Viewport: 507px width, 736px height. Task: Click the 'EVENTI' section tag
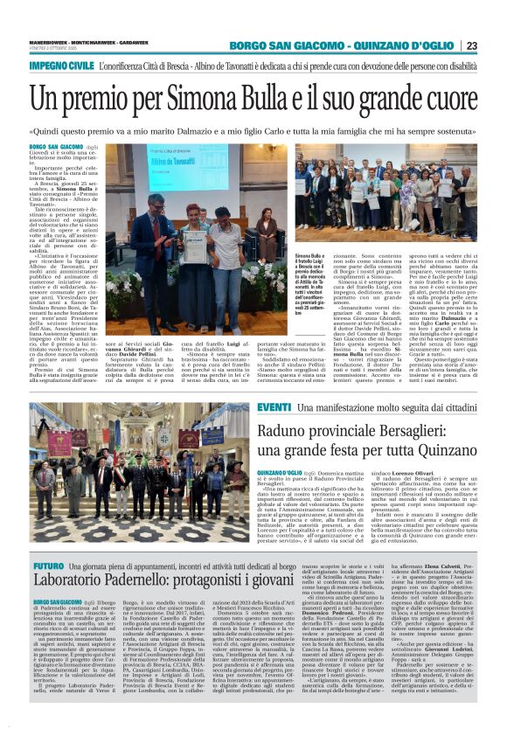click(249, 408)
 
